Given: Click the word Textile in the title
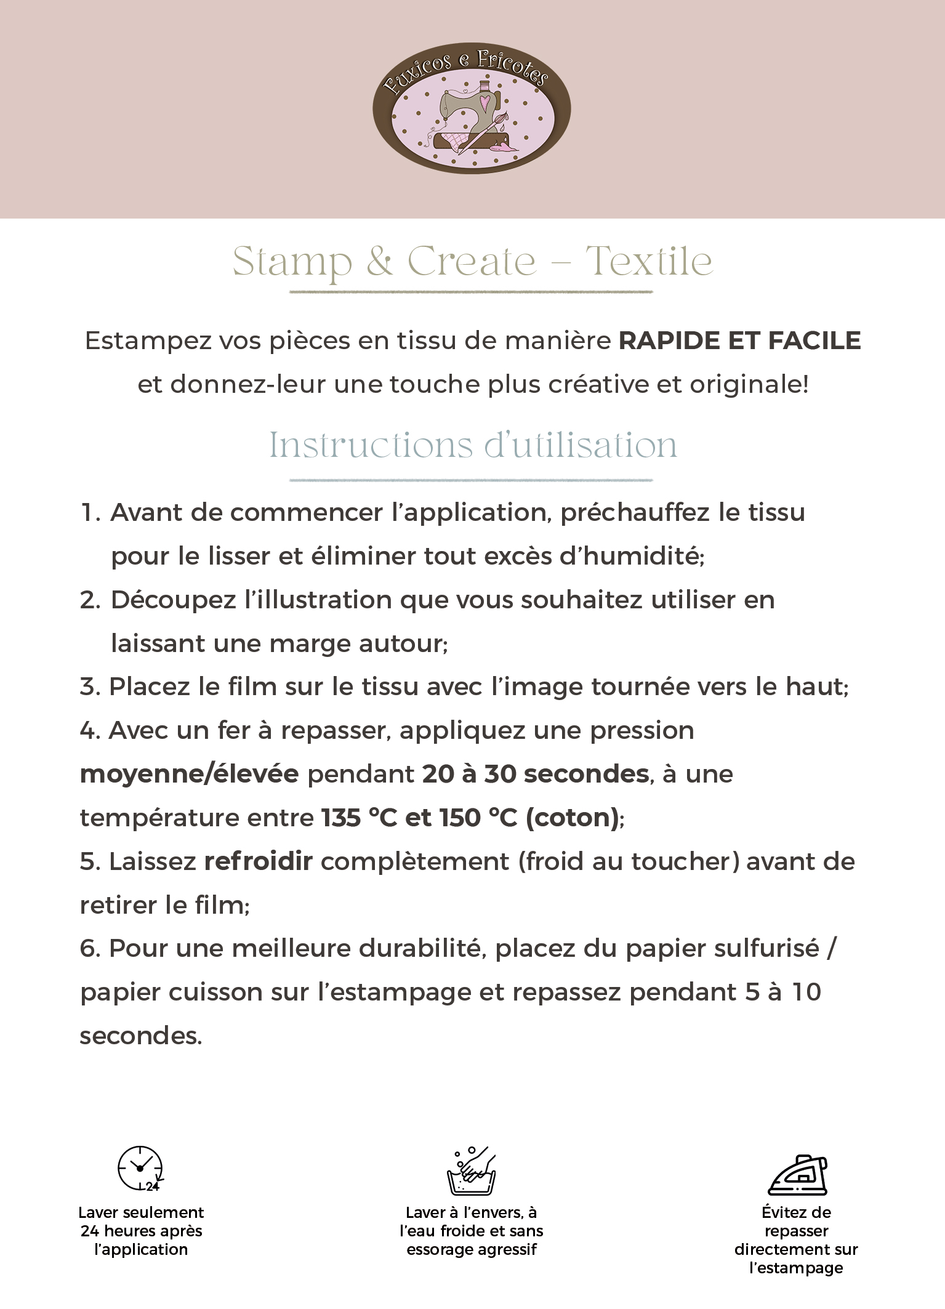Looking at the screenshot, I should (649, 262).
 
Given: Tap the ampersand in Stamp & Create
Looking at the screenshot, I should (380, 262).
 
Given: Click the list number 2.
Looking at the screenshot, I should (89, 600).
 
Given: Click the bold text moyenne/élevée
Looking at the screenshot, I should (189, 775).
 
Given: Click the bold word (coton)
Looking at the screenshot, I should (572, 818).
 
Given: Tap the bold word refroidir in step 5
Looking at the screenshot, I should (258, 862).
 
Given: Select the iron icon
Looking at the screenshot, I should (797, 1174).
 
